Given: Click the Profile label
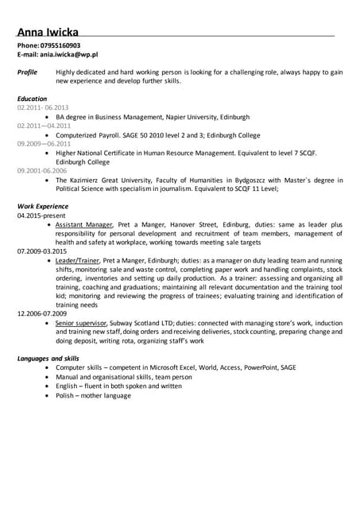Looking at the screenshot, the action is [28, 72].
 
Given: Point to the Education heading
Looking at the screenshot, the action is [32, 99].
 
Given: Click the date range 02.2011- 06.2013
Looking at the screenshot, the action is [43, 107].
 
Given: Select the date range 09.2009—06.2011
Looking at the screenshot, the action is [44, 126].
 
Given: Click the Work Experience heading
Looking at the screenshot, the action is [41, 206].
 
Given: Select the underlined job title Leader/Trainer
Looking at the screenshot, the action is [77, 261].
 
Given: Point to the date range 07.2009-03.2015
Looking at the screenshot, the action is [42, 251].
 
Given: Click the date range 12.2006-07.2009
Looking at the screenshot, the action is [42, 314].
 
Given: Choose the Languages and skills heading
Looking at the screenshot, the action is [48, 359].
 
